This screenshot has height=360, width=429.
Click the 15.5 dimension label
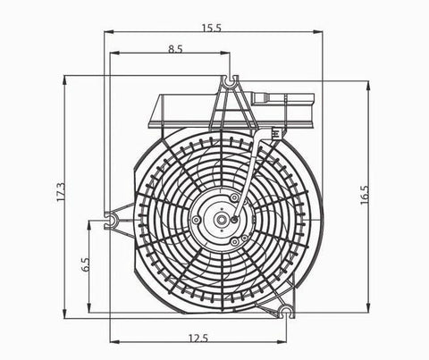tap(212, 29)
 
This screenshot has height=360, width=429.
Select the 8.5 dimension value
tap(175, 49)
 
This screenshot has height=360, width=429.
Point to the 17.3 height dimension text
tap(61, 192)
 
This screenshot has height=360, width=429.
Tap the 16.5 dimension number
tap(365, 195)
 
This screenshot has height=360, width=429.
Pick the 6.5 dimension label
tap(86, 264)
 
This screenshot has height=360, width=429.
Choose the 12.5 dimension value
tap(198, 339)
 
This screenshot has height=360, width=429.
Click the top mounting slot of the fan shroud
tap(230, 80)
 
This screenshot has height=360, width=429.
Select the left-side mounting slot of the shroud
tap(112, 221)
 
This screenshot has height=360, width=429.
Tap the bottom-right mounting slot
tap(287, 312)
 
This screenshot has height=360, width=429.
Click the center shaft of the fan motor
tap(221, 220)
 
